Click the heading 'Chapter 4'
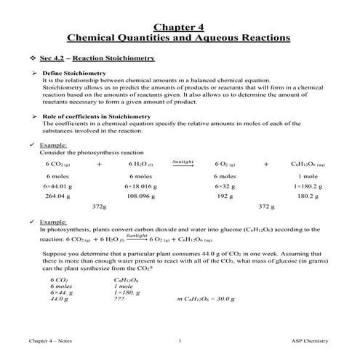[180, 27]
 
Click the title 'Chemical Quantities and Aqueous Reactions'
[180, 38]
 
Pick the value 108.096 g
[140, 196]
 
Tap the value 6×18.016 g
[140, 186]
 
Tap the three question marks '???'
[120, 299]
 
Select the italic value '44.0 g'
[60, 299]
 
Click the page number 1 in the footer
[180, 340]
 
